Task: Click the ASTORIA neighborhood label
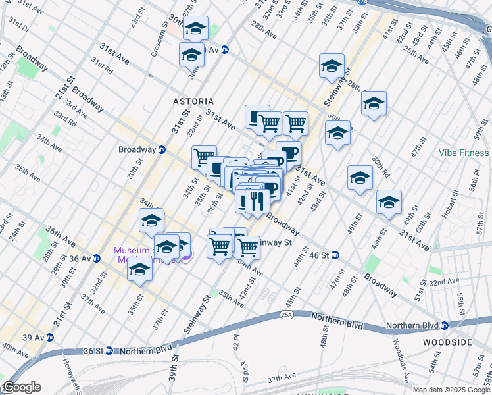pos(193,101)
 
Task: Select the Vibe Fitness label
pos(464,153)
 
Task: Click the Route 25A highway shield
pos(287,315)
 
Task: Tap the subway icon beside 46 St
pos(335,255)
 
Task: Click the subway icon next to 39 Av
pos(51,337)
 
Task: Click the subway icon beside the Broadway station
pos(161,149)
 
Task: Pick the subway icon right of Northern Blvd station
pos(445,325)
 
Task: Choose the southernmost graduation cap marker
pos(139,270)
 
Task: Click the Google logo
pos(22,387)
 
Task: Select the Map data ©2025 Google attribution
pos(451,390)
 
